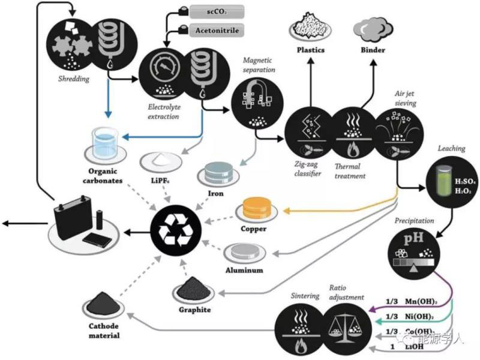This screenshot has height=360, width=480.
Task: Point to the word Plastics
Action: (x=311, y=49)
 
